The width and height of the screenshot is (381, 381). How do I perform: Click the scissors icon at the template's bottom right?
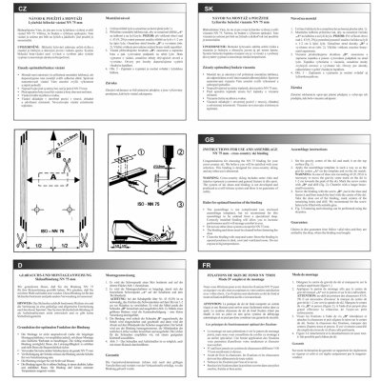84,238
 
